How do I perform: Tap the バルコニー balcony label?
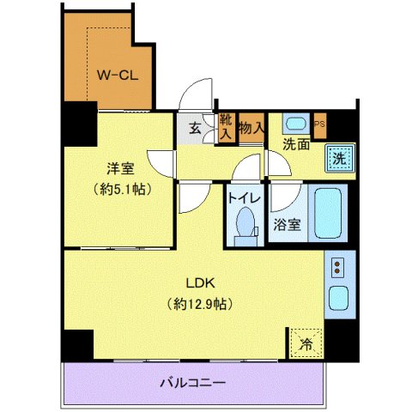click(193, 383)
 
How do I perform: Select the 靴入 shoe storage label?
click(226, 126)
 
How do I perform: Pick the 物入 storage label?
click(251, 128)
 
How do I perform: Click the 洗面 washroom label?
click(297, 146)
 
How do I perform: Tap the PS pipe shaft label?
click(320, 123)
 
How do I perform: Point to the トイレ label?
click(244, 197)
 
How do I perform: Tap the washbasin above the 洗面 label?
click(294, 122)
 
